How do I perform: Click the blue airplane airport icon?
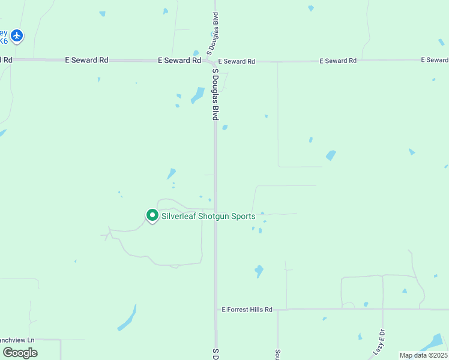click(x=17, y=36)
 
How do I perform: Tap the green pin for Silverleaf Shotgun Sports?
click(x=152, y=215)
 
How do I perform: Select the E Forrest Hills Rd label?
click(x=247, y=310)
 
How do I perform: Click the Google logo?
click(x=20, y=352)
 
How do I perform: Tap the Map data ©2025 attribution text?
click(x=423, y=355)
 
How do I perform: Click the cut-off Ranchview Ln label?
click(x=17, y=340)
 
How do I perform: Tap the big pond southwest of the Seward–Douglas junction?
click(x=197, y=95)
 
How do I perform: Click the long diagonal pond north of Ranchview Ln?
click(x=127, y=319)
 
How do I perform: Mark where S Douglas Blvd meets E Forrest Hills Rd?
click(x=216, y=310)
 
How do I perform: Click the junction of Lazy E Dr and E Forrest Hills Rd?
click(x=382, y=310)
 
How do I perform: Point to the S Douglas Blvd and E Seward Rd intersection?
click(x=214, y=61)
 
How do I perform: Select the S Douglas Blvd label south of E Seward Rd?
click(x=214, y=94)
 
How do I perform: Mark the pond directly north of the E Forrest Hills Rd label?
click(x=259, y=271)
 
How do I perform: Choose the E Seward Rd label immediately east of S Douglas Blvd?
click(x=237, y=61)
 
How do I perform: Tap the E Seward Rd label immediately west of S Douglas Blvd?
click(x=179, y=61)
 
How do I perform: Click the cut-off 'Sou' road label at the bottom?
click(x=278, y=355)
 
